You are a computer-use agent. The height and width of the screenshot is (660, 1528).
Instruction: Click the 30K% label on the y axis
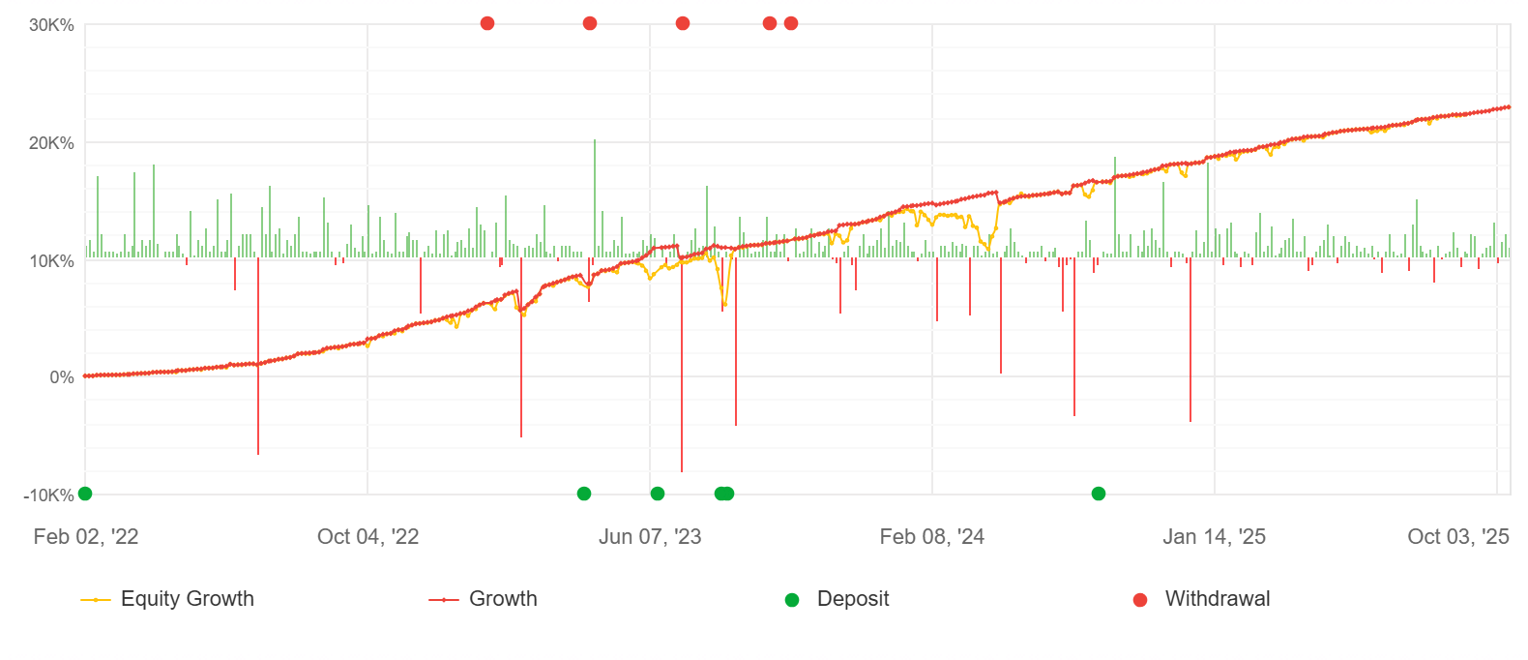(x=51, y=25)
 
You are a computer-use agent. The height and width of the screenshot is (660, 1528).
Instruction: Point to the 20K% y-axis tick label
(x=51, y=143)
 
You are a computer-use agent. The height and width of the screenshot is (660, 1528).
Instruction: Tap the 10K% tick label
(x=51, y=261)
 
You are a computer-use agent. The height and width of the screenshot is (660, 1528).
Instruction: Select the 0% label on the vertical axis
(x=62, y=377)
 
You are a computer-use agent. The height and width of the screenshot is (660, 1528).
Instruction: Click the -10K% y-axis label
(x=48, y=495)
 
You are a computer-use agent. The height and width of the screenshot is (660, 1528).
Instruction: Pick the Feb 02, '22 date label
(x=86, y=537)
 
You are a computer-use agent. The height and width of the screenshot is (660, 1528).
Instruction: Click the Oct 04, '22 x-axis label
(x=367, y=537)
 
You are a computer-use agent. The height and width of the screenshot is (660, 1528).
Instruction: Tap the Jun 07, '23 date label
(x=650, y=537)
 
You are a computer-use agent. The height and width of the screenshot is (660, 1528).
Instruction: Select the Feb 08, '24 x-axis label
(x=931, y=537)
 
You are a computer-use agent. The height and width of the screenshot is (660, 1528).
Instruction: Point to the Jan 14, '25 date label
(x=1214, y=537)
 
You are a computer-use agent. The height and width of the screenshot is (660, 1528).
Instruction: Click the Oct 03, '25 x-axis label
(x=1457, y=537)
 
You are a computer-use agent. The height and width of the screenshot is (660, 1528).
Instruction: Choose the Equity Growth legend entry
(x=187, y=599)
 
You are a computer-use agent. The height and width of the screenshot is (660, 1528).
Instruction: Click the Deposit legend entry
(x=852, y=599)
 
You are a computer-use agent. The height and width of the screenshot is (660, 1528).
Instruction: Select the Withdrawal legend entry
(x=1217, y=599)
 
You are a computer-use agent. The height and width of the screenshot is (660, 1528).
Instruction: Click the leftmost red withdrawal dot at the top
(x=487, y=23)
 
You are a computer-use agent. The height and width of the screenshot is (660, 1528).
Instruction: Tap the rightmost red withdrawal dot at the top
(x=791, y=23)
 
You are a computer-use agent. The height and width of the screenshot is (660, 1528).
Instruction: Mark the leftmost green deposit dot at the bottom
(x=85, y=494)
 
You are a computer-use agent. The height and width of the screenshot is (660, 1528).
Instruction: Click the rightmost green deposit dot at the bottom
(x=1099, y=494)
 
